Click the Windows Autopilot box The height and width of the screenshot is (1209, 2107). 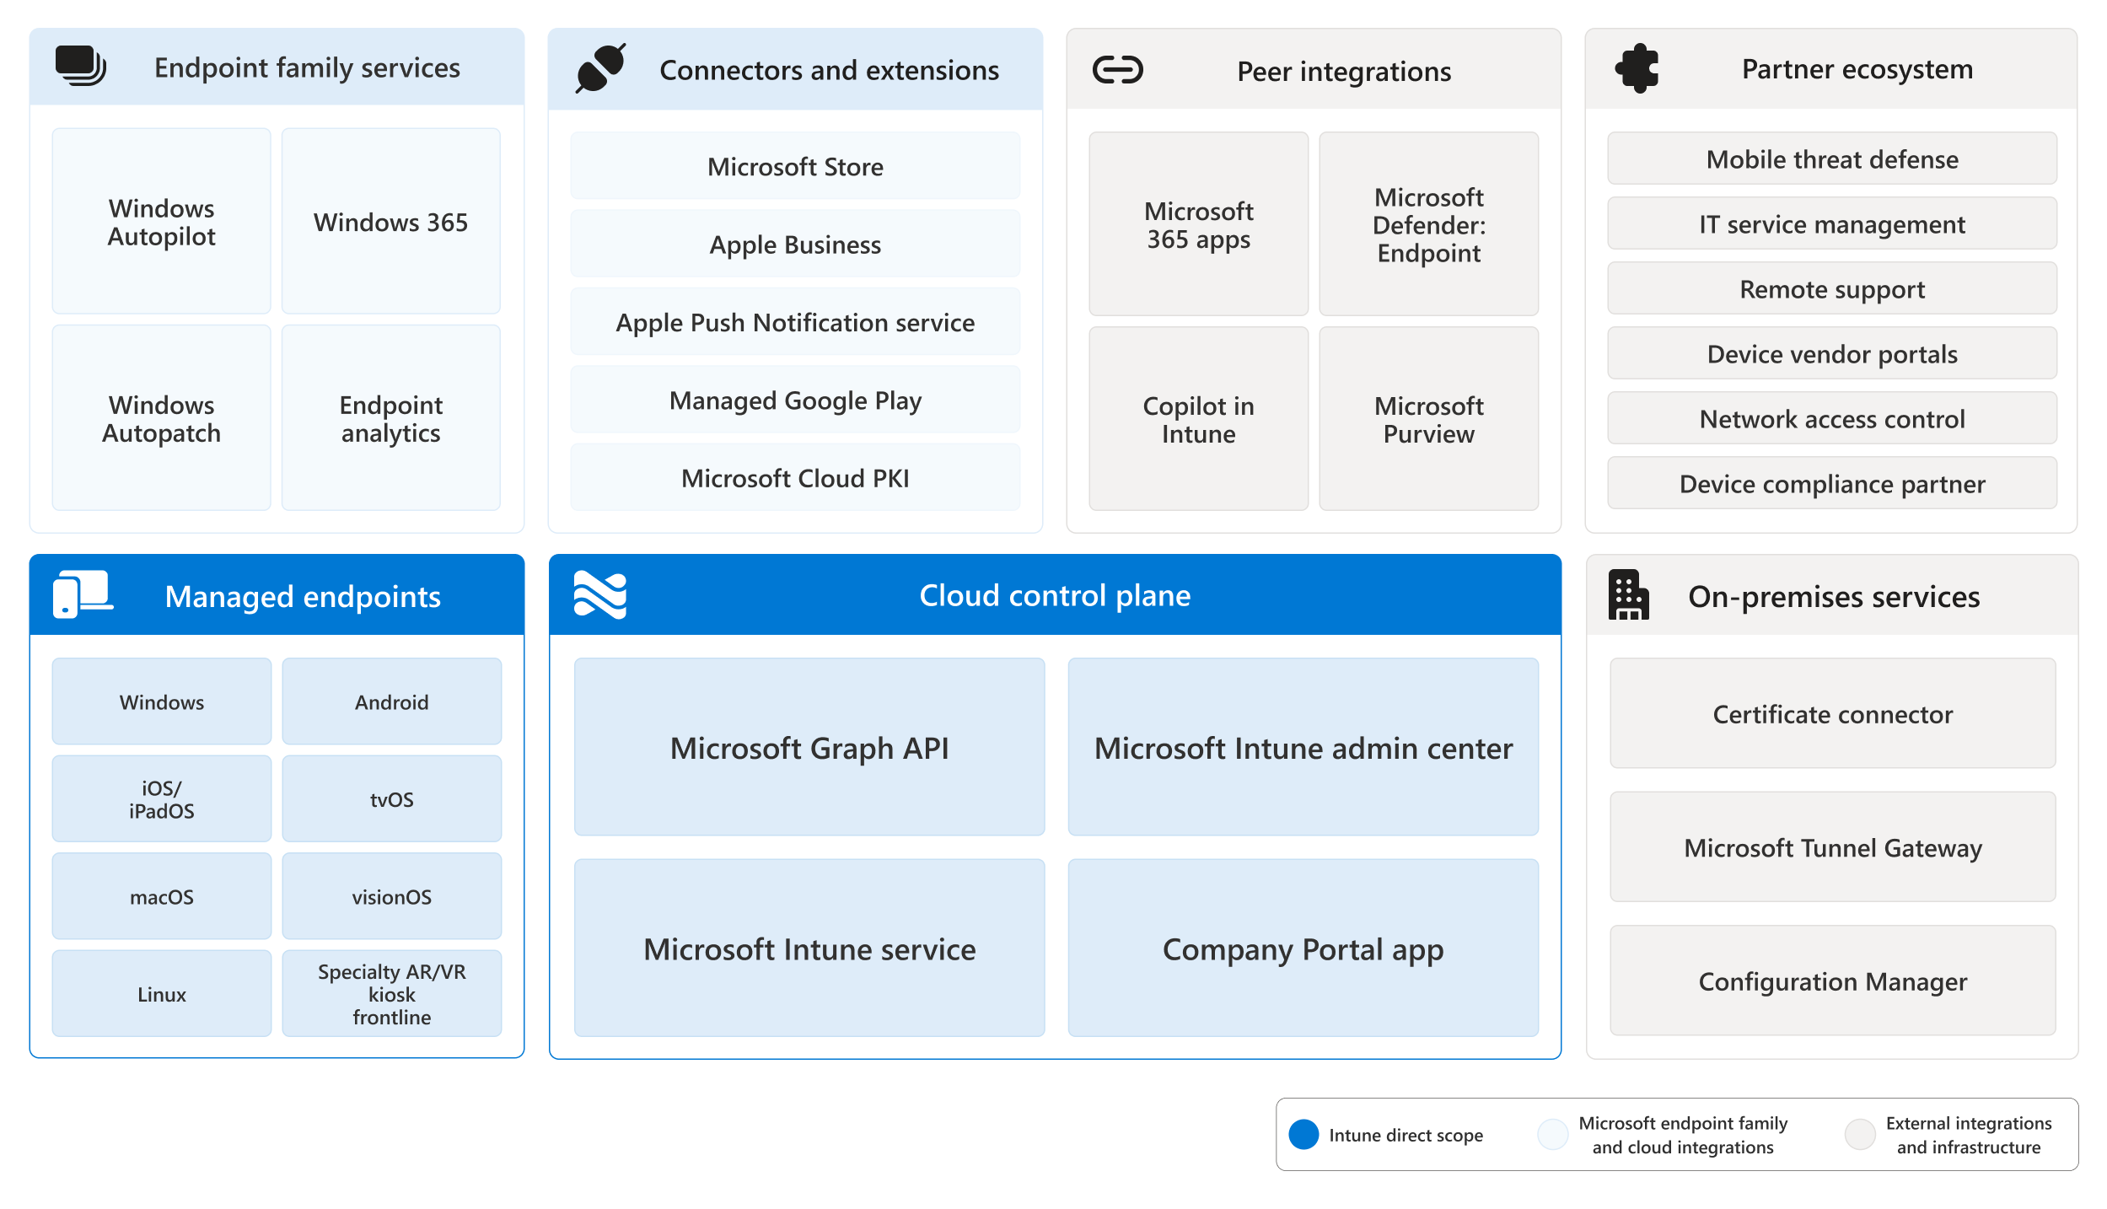pos(161,221)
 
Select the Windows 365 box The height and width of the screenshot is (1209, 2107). pos(390,221)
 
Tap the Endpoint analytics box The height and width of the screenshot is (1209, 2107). pos(390,417)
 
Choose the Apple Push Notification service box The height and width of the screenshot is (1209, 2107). pos(795,322)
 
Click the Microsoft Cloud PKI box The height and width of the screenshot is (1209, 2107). pos(795,478)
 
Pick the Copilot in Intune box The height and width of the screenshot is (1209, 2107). pos(1198,419)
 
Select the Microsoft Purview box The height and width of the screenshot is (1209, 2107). pos(1428,419)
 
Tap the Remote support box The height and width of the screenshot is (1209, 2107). pos(1832,288)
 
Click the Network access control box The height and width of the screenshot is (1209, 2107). pos(1832,418)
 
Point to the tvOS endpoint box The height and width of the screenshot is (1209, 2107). pos(391,798)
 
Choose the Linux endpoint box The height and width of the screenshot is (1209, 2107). pos(161,993)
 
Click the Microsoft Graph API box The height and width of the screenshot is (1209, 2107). pos(809,747)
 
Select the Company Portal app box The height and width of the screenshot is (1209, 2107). pos(1303,948)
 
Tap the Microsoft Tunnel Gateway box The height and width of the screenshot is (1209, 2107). pos(1832,846)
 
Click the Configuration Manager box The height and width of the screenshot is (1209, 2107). pos(1832,981)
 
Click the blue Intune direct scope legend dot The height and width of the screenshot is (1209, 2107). pos(1303,1134)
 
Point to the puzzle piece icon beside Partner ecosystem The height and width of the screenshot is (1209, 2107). pos(1637,68)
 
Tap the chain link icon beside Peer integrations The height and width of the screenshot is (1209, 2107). pos(1117,70)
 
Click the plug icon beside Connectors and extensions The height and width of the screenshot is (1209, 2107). pos(600,67)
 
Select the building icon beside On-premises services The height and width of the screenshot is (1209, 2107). pos(1628,595)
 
